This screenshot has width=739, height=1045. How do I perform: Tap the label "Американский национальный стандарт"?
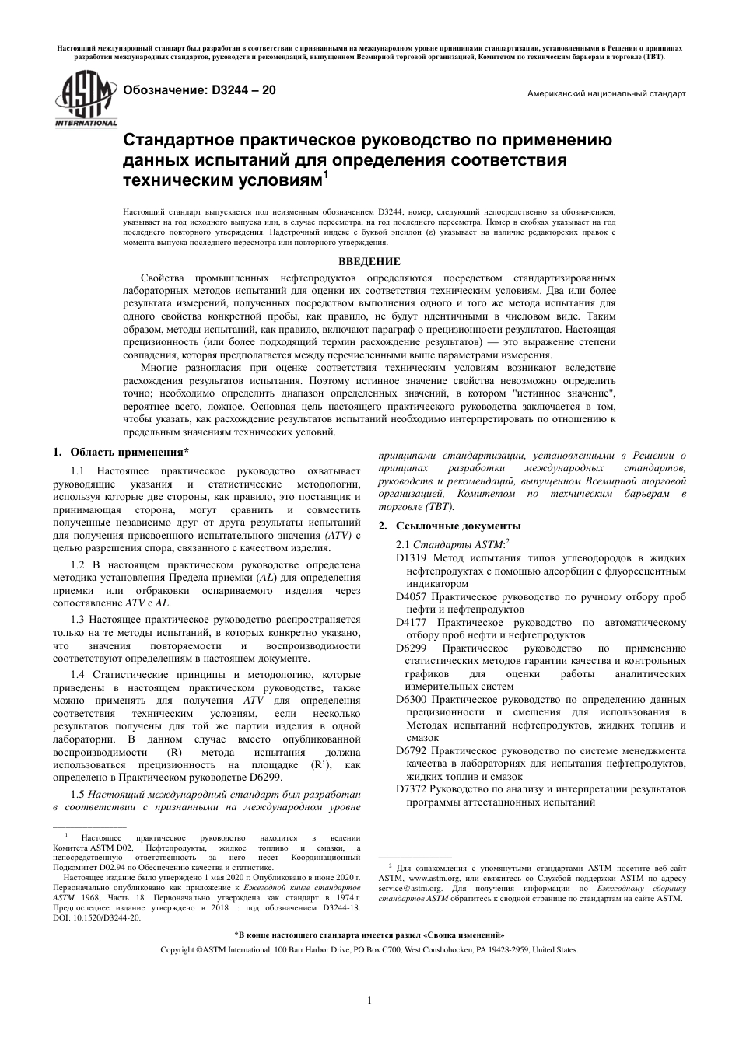[606, 93]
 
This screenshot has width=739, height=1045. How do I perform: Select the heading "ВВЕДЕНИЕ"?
[369, 262]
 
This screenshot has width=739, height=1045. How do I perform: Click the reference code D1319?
[411, 558]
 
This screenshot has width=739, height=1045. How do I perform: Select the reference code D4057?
[411, 597]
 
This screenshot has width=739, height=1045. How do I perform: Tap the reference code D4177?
[411, 623]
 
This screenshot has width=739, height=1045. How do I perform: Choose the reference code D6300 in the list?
[411, 700]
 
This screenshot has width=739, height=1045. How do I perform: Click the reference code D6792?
[411, 751]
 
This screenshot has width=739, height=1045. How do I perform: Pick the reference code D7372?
[411, 789]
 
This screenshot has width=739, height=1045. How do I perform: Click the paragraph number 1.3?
[78, 620]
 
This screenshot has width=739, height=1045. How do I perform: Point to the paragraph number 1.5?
[78, 794]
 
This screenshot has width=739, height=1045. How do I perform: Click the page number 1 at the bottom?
[369, 1000]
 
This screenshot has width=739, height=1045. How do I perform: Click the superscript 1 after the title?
[326, 176]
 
